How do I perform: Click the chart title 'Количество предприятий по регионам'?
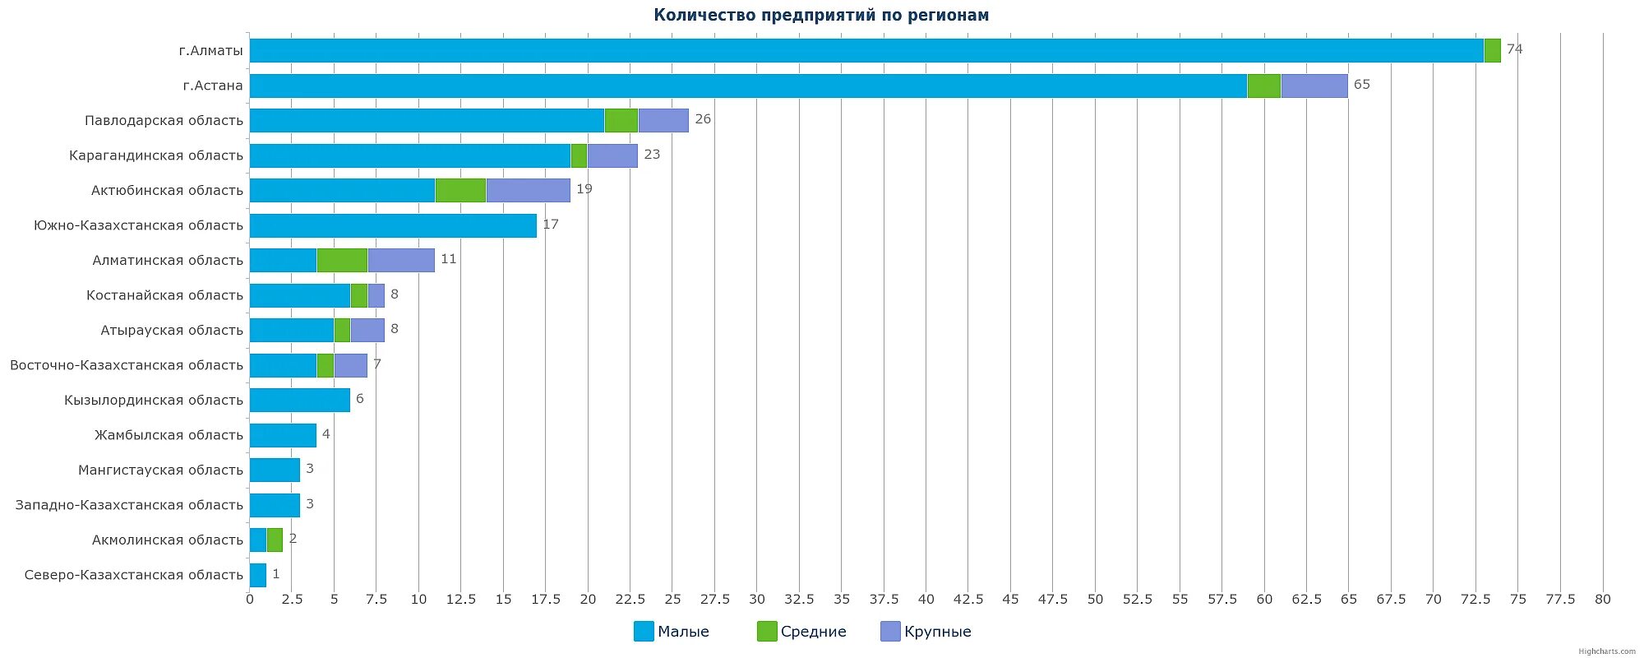(x=821, y=15)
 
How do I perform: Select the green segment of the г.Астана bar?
(x=1263, y=86)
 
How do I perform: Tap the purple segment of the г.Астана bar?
(x=1314, y=86)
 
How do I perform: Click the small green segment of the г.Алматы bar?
(x=1492, y=50)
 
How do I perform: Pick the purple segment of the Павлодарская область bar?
(x=663, y=120)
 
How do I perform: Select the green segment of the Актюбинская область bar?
(x=460, y=190)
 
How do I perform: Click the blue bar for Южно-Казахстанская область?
(x=393, y=225)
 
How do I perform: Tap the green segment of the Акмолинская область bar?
(x=275, y=540)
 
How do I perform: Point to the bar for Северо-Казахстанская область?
(x=257, y=575)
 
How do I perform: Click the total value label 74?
(x=1514, y=49)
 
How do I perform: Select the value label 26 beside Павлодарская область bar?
(x=703, y=119)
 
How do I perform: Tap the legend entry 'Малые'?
(x=672, y=632)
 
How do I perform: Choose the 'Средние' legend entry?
(x=801, y=632)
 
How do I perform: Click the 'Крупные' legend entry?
(x=926, y=632)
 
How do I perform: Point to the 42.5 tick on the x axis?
(x=968, y=600)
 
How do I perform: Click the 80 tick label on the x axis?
(x=1602, y=600)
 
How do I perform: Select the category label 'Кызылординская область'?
(x=154, y=401)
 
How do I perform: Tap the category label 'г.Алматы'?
(x=211, y=51)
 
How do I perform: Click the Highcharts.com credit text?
(x=1606, y=651)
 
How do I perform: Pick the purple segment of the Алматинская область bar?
(x=401, y=260)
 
